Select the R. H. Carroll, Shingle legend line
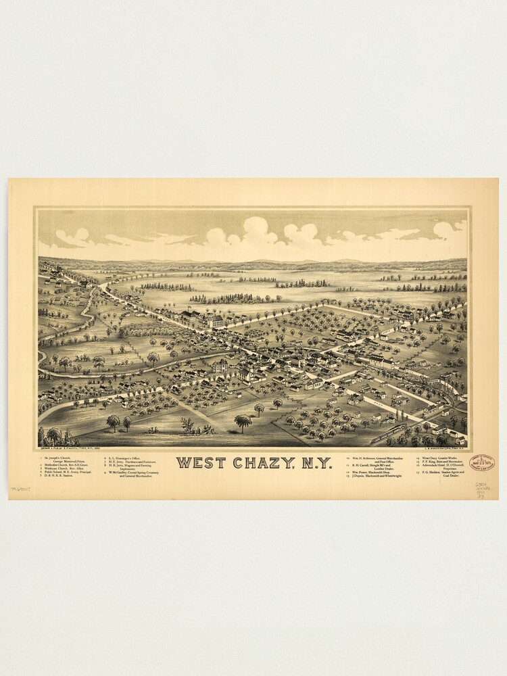click(x=379, y=466)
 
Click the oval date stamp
click(x=481, y=463)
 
